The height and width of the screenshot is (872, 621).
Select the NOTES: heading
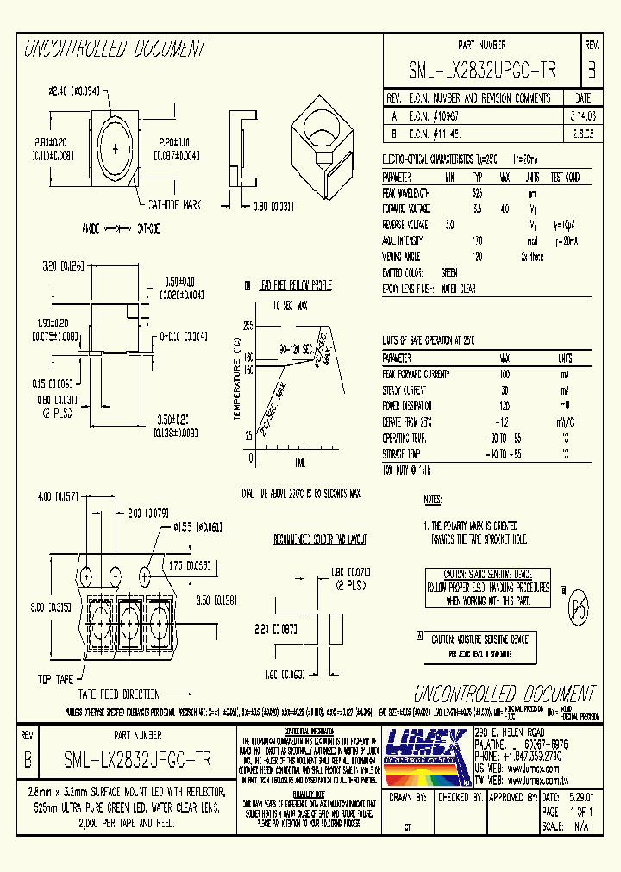[433, 499]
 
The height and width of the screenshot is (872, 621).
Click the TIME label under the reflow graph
[299, 463]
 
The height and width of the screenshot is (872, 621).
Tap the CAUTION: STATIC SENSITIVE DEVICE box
[487, 588]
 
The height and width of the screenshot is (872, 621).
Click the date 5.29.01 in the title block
[581, 799]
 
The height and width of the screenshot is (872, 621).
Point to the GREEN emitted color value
[449, 271]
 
